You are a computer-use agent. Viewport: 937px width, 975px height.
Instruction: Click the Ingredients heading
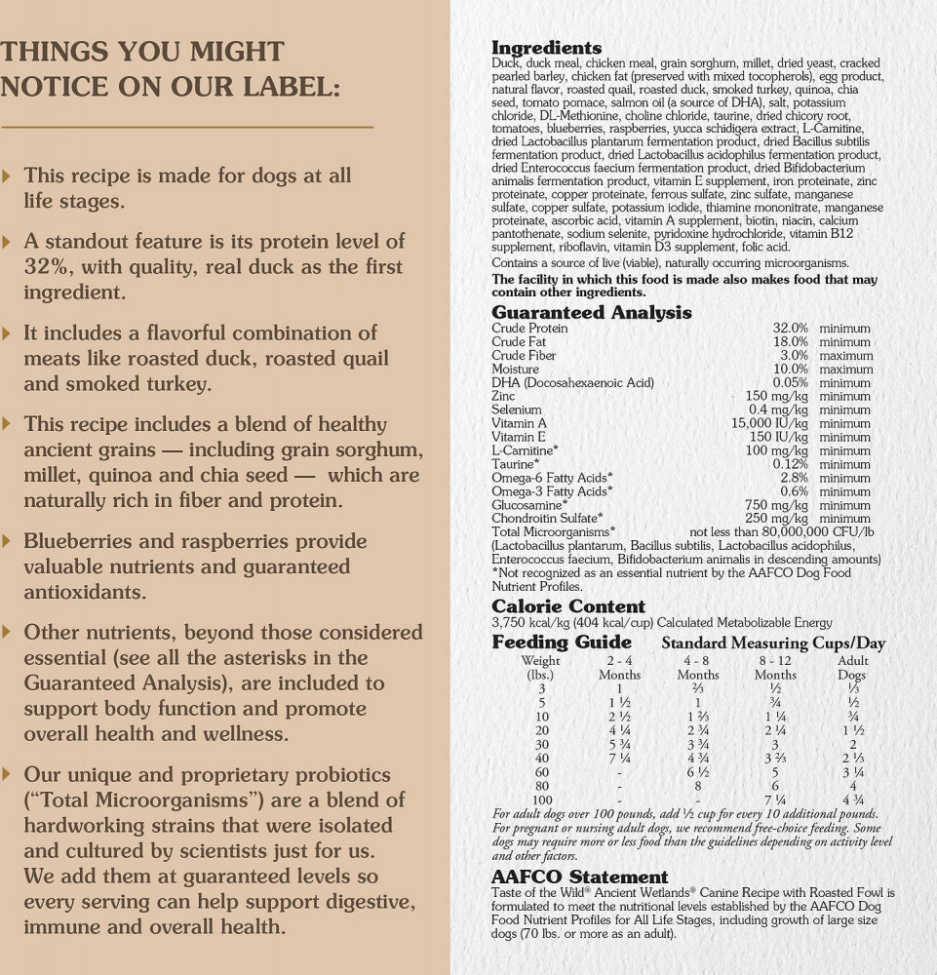click(546, 48)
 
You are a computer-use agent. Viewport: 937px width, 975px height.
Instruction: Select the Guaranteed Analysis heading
click(591, 313)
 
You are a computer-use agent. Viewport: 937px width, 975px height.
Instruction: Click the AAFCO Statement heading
click(579, 877)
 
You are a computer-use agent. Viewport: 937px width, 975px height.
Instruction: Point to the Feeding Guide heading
click(562, 643)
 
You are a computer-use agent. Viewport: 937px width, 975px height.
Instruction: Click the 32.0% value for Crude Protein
click(790, 329)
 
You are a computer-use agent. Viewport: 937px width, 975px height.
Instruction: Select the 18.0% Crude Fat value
click(790, 342)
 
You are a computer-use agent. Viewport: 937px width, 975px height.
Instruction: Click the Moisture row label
click(515, 370)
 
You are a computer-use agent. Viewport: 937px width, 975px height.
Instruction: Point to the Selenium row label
click(516, 410)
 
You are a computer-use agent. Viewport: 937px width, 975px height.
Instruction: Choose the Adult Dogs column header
click(852, 667)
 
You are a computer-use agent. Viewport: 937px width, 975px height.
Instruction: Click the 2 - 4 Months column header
click(619, 667)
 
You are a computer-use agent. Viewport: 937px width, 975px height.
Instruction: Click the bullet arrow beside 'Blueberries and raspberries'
click(9, 540)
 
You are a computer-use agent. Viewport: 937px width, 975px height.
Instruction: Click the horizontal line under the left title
click(187, 127)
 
